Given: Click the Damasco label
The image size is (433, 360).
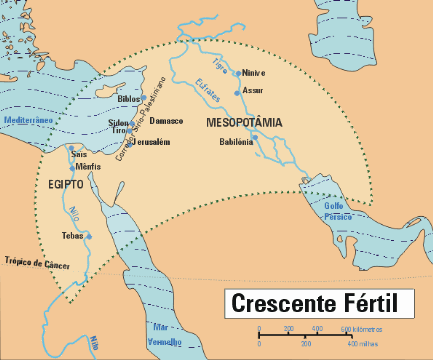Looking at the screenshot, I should click(x=166, y=121).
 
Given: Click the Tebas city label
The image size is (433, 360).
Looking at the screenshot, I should click(x=72, y=237).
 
